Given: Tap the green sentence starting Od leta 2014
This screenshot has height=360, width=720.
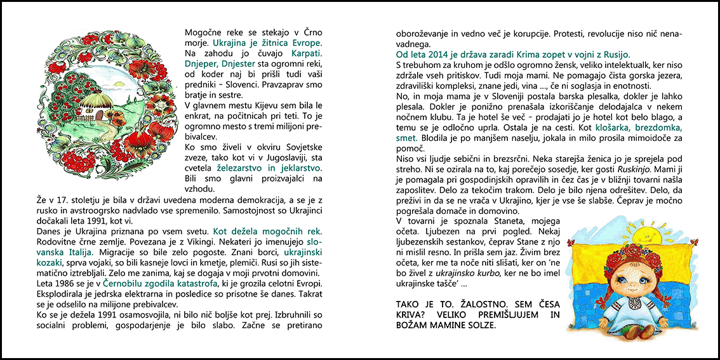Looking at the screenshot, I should point(513,55).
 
